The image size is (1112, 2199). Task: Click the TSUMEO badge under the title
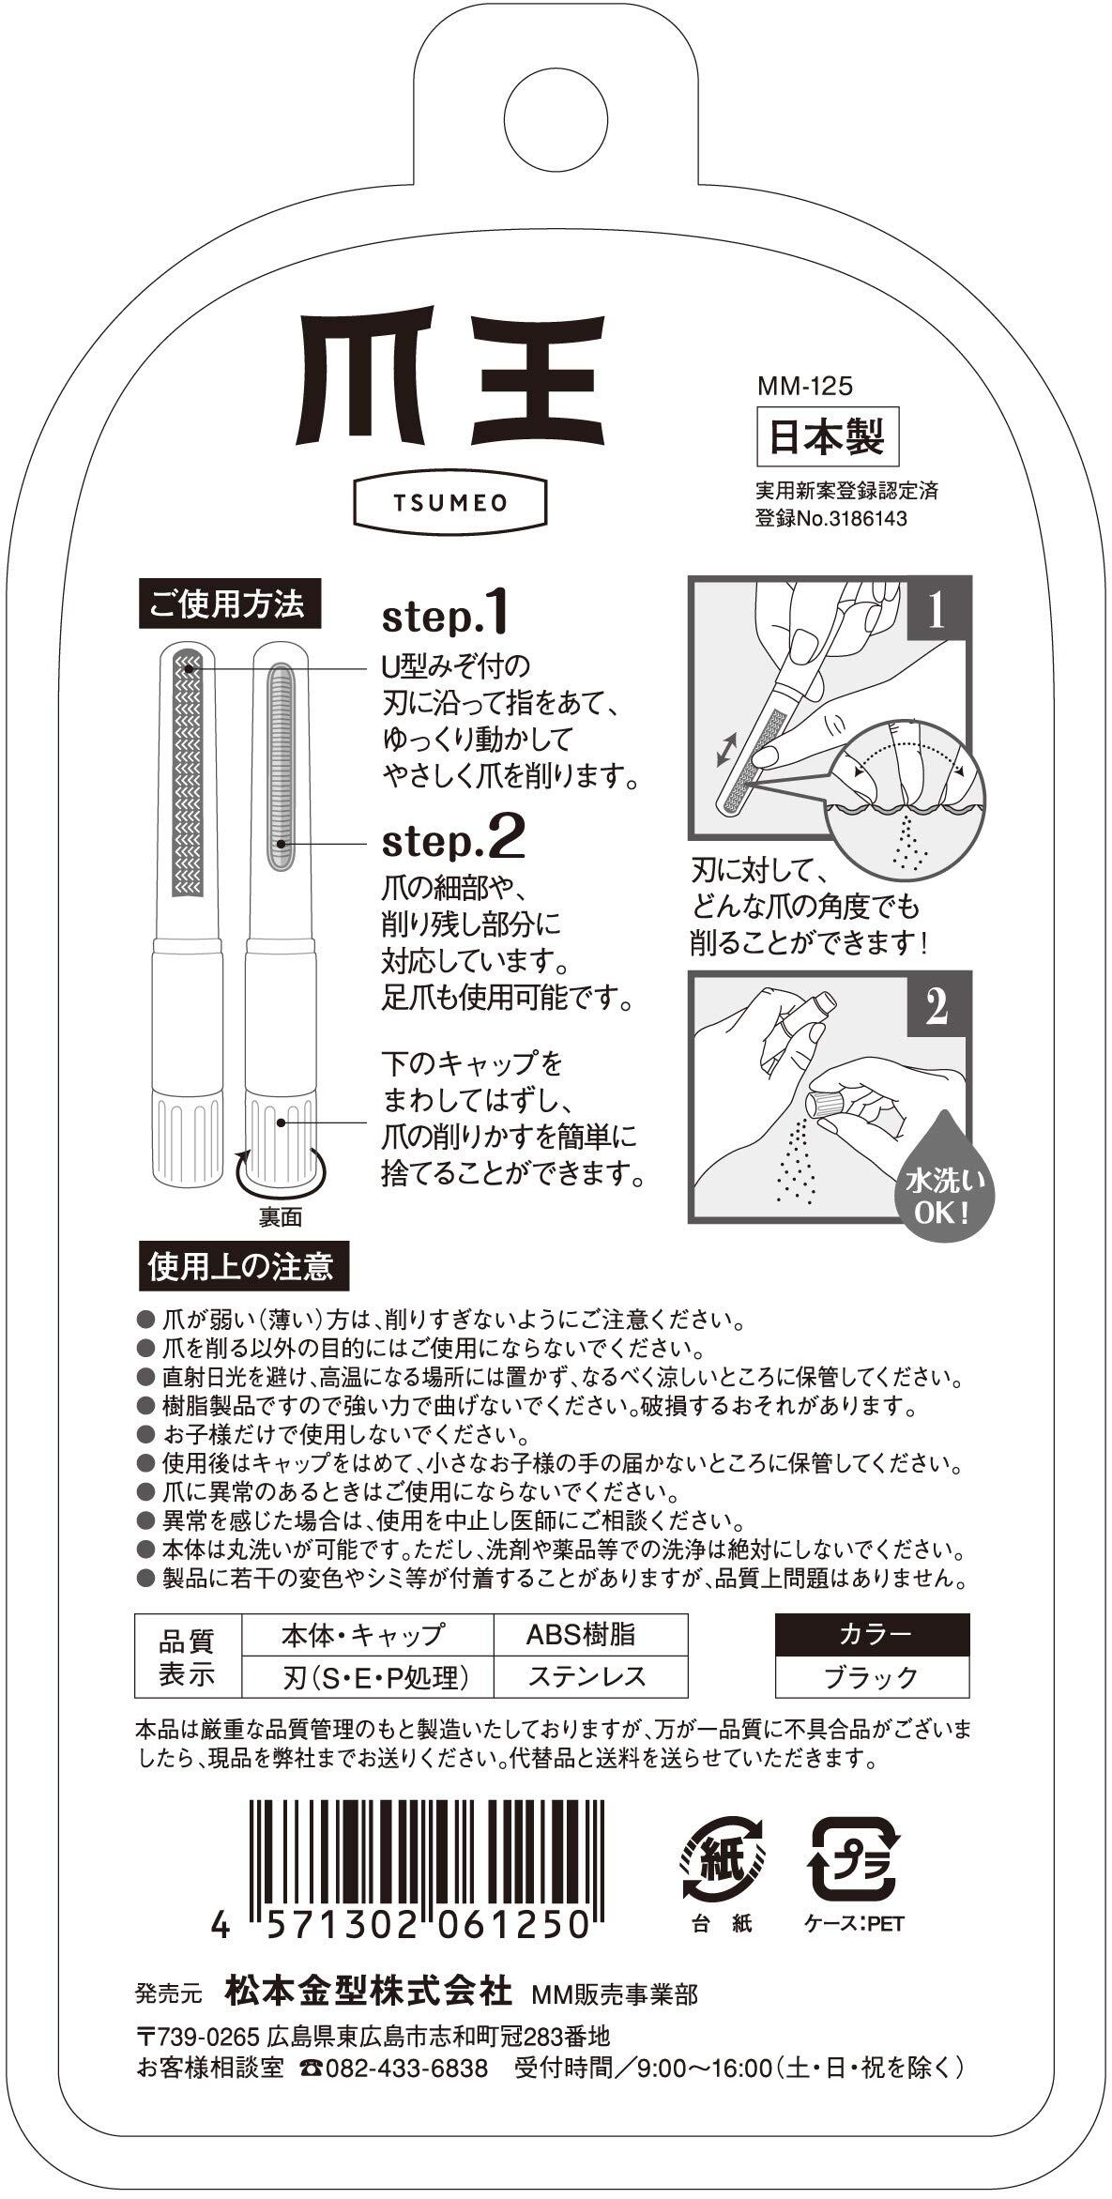449,502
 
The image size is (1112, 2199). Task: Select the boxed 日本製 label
828,436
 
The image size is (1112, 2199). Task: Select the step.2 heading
452,840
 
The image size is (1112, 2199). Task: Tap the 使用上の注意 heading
242,1267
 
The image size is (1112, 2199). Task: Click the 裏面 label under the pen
281,1217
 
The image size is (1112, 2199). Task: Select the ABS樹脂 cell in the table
581,1634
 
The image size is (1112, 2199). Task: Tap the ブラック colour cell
872,1676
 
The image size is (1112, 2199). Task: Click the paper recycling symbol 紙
724,1853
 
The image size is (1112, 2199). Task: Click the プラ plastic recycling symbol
853,1853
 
